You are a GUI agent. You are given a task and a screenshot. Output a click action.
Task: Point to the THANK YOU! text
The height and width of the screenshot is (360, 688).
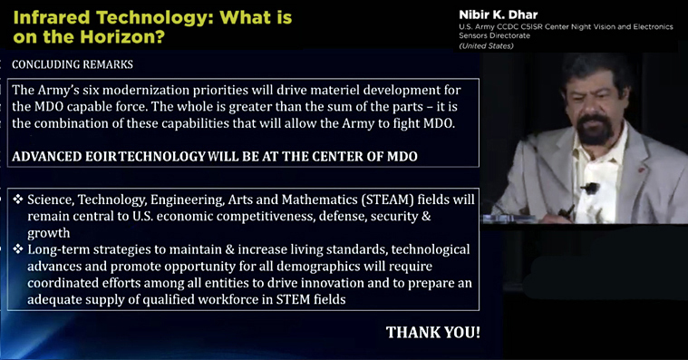pyautogui.click(x=433, y=332)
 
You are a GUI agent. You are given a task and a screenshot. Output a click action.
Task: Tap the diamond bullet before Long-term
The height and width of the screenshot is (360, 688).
pyautogui.click(x=17, y=248)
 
